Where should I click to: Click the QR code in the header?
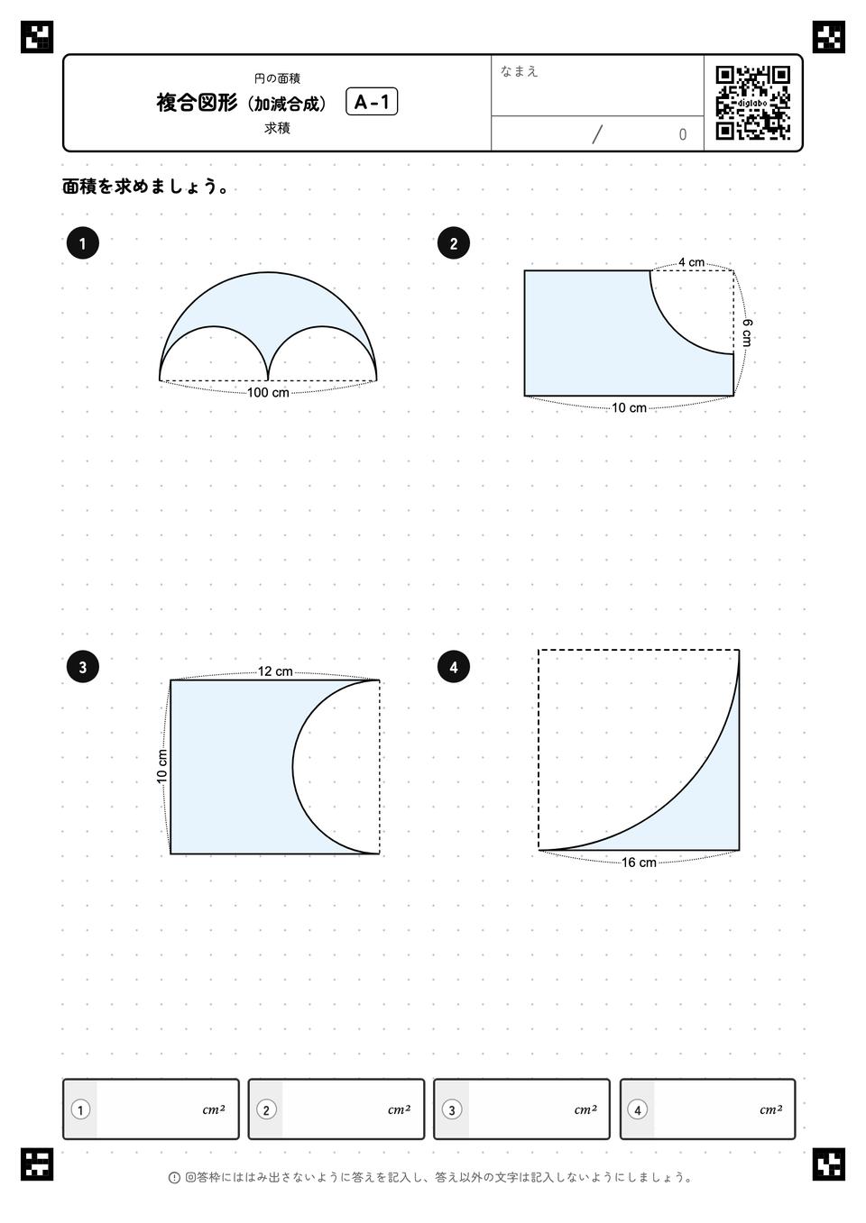pyautogui.click(x=753, y=103)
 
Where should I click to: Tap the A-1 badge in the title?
pyautogui.click(x=372, y=102)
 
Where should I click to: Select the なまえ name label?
pyautogui.click(x=519, y=71)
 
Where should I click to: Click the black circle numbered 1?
pyautogui.click(x=82, y=243)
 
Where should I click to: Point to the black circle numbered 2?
pyautogui.click(x=454, y=243)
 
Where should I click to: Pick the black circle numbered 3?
pyautogui.click(x=82, y=667)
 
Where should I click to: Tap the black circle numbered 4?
pyautogui.click(x=454, y=667)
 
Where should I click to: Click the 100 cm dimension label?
pyautogui.click(x=268, y=393)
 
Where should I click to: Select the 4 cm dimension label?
pyautogui.click(x=691, y=262)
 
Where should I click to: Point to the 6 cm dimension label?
pyautogui.click(x=747, y=333)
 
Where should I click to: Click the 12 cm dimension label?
pyautogui.click(x=275, y=671)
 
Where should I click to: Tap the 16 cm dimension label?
pyautogui.click(x=639, y=862)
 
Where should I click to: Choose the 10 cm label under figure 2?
pyautogui.click(x=629, y=408)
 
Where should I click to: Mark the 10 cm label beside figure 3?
pyautogui.click(x=162, y=767)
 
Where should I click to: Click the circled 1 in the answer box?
pyautogui.click(x=81, y=1110)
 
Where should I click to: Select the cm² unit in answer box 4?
pyautogui.click(x=770, y=1109)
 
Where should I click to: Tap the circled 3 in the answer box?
pyautogui.click(x=452, y=1110)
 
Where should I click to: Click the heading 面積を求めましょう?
pyautogui.click(x=145, y=187)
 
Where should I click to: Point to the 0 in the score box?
pyautogui.click(x=682, y=134)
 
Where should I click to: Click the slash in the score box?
pyautogui.click(x=597, y=134)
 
